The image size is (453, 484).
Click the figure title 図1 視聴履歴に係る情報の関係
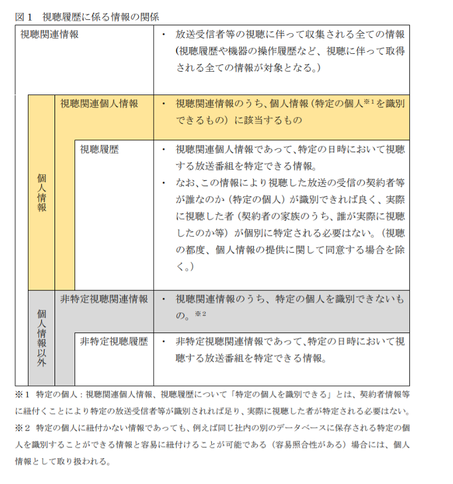[x=87, y=16]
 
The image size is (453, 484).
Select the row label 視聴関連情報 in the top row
[x=50, y=34]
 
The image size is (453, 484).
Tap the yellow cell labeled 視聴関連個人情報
[x=99, y=104]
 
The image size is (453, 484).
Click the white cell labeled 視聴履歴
[x=100, y=150]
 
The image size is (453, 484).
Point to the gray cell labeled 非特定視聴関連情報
[x=104, y=299]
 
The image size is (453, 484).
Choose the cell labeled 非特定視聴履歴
[x=114, y=342]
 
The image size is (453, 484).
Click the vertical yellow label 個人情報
[x=41, y=193]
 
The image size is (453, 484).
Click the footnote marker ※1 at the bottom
[x=23, y=394]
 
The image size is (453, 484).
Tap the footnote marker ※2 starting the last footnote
[x=23, y=427]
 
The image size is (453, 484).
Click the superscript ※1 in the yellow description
[x=369, y=102]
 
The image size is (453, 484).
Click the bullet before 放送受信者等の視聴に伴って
[x=164, y=34]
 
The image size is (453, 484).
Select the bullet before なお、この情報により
[x=164, y=182]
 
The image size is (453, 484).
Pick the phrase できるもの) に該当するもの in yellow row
[x=239, y=120]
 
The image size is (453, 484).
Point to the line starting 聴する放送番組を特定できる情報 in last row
[x=251, y=358]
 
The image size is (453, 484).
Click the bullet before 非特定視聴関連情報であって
[x=164, y=342]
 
